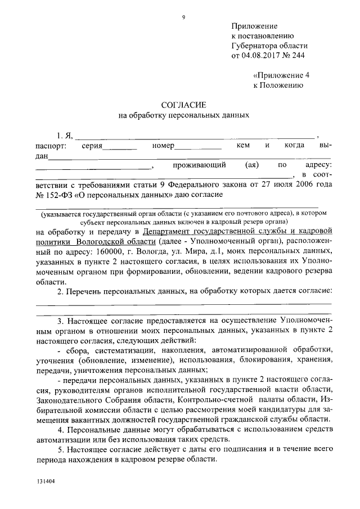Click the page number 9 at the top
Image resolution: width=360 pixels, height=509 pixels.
pos(183,17)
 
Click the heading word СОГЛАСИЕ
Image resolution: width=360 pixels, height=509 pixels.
pos(184,105)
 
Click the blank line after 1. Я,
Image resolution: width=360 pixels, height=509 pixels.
pos(196,136)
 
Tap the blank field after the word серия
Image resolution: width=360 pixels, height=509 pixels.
pos(120,147)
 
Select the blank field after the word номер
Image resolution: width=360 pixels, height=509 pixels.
pos(197,147)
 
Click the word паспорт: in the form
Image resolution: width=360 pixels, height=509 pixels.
pos(50,146)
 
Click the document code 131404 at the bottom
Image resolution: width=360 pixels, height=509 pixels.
pos(46,481)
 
